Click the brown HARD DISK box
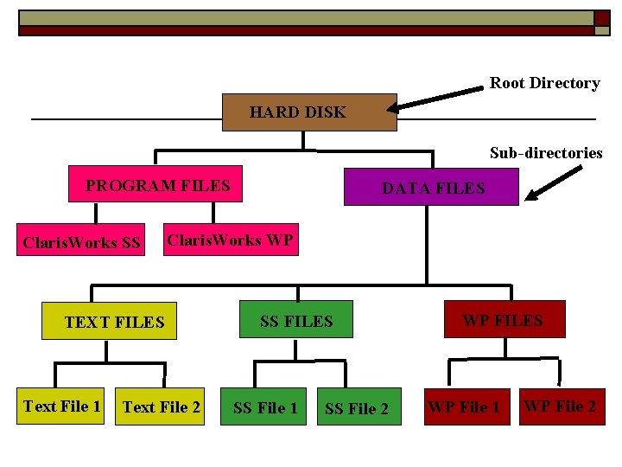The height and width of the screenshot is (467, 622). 309,112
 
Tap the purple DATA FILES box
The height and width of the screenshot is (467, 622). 431,187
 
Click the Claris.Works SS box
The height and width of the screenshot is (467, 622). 81,242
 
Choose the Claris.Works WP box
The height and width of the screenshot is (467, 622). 230,240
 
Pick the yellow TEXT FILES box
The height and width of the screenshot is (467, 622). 109,321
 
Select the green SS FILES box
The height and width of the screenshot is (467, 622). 296,320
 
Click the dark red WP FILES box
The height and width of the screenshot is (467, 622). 505,319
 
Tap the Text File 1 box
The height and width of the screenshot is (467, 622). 62,406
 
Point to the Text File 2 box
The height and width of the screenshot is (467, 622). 162,406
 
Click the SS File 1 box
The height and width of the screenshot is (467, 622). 265,407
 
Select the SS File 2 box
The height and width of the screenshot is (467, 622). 357,407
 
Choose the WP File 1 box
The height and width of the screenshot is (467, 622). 464,406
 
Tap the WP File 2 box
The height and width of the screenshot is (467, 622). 562,406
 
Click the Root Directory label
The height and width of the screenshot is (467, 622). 544,83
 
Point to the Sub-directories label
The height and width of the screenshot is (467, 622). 546,153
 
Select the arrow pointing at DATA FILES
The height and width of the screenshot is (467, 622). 552,184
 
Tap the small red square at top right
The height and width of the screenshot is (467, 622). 601,17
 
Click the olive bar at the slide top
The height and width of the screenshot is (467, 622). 302,17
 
